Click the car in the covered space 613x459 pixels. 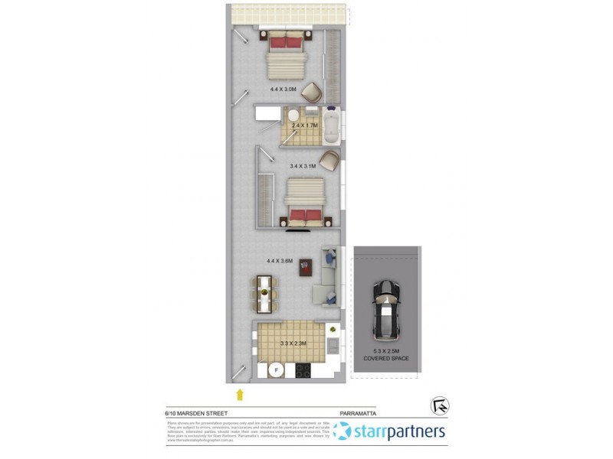pos(385,311)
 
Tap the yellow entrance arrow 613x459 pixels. pos(241,395)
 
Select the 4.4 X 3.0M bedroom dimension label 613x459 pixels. pos(283,89)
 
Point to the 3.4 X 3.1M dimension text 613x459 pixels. pos(304,165)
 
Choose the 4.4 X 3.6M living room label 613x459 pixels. pos(280,261)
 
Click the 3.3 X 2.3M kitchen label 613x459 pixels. pos(293,343)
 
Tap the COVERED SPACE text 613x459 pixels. pos(385,358)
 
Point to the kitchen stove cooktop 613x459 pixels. pos(303,371)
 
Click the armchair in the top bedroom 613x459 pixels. pos(313,93)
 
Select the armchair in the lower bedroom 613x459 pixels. pos(329,161)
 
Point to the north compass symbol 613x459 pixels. pos(440,405)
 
